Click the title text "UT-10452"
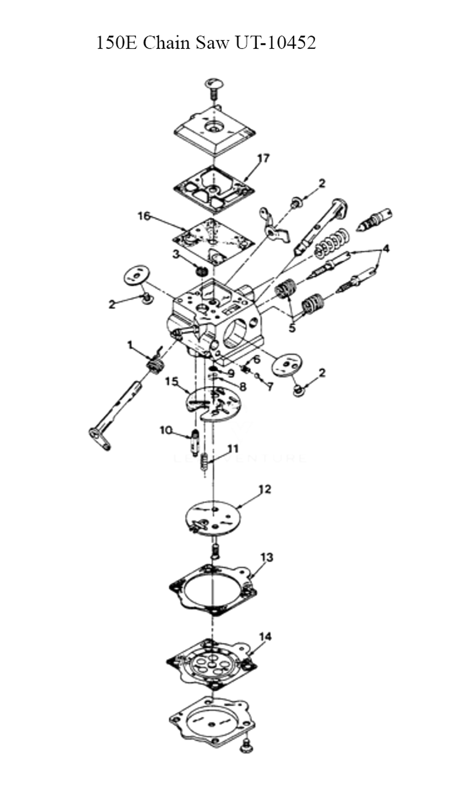275,43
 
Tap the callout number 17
264,158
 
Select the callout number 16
144,216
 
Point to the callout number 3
176,254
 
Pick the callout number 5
292,327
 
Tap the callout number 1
130,345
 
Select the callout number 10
166,430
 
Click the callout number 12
264,489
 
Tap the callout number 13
267,557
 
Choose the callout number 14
265,637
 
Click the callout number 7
270,387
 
